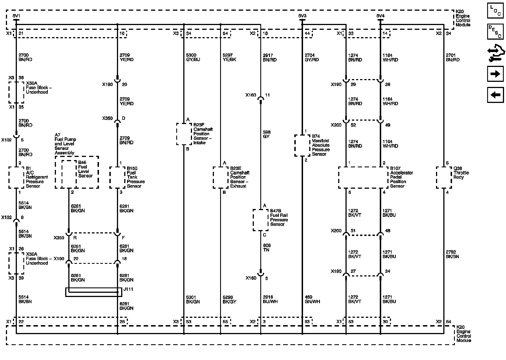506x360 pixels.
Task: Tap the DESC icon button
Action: [495, 31]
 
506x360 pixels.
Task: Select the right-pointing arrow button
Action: [495, 74]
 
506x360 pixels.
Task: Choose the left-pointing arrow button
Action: [495, 95]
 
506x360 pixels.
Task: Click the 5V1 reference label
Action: [16, 16]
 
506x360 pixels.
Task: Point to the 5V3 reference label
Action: [302, 16]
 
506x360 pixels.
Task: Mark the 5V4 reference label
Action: [380, 16]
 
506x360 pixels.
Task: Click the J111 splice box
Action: [94, 292]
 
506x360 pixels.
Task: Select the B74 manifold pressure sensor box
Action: [302, 145]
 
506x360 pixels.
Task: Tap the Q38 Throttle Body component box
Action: [444, 177]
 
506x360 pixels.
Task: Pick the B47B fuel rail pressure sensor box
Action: [260, 220]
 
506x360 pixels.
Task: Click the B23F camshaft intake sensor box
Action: [184, 134]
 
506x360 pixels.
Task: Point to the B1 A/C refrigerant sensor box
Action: [16, 177]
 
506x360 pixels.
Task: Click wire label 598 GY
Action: [266, 134]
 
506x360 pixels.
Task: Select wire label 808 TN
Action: [266, 247]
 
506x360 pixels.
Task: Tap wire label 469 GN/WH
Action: [312, 299]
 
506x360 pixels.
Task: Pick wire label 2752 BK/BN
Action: [452, 254]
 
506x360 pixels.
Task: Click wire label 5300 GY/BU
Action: [193, 57]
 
